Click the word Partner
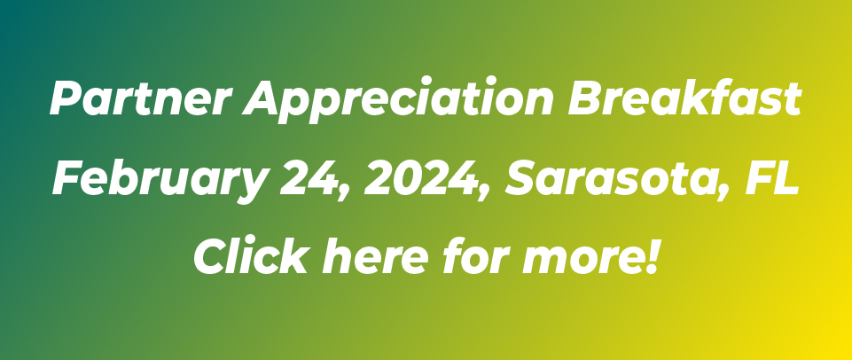[141, 98]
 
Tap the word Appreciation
[398, 100]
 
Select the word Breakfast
[684, 98]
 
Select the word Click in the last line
[252, 256]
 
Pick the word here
[375, 256]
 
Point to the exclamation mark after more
[651, 256]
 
